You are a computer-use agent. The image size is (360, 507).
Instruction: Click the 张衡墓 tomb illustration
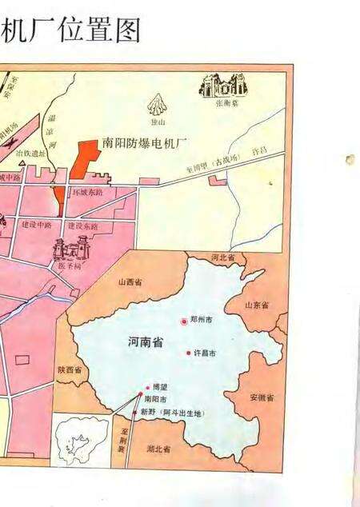225,86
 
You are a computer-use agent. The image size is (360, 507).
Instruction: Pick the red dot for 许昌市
189,353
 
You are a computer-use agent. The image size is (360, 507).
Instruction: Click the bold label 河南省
146,342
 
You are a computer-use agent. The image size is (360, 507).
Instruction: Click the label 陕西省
70,370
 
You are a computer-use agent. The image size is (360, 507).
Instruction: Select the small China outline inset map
80,439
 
